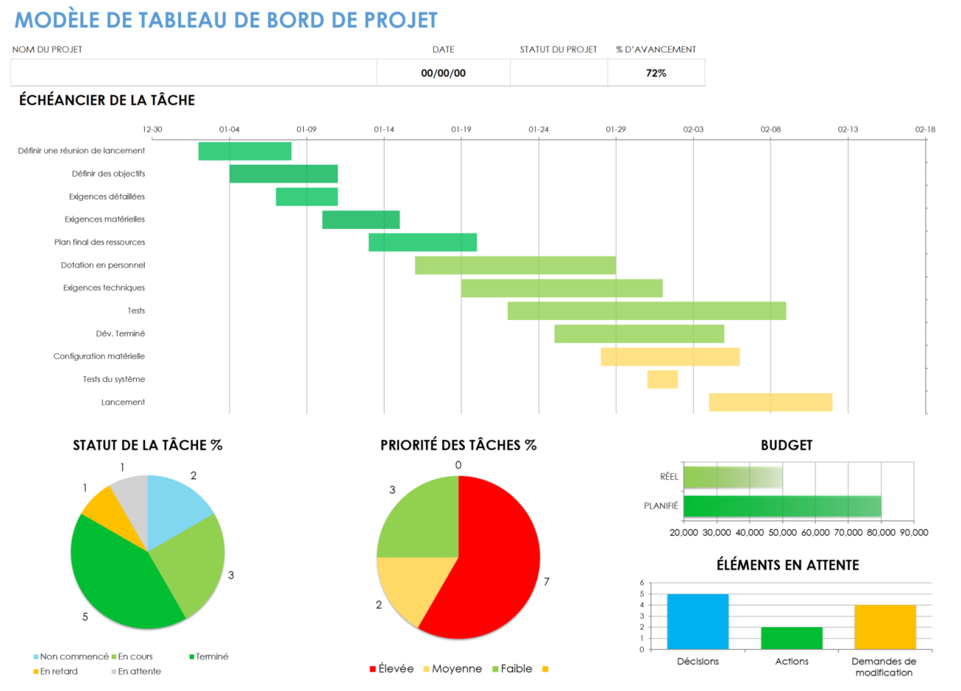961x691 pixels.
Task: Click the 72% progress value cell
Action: pos(656,73)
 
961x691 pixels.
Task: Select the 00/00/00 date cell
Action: pos(443,73)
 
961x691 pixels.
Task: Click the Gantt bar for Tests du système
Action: pos(662,379)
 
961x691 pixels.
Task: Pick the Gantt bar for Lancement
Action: pos(770,402)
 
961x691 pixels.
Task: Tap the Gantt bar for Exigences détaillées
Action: pos(307,197)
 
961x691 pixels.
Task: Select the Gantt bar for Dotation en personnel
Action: pos(515,265)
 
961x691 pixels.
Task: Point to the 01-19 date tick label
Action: pos(461,129)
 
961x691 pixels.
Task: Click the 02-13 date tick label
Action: pos(848,129)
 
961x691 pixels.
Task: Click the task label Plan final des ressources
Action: pos(100,242)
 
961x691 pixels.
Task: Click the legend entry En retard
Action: pos(58,671)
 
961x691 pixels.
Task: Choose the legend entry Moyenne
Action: pos(456,669)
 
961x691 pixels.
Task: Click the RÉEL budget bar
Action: pos(732,477)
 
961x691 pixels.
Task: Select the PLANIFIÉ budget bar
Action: pos(781,506)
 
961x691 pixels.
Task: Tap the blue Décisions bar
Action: pos(698,622)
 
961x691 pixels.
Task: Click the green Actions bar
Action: pos(792,638)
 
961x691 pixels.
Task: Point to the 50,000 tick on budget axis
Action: pos(783,532)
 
